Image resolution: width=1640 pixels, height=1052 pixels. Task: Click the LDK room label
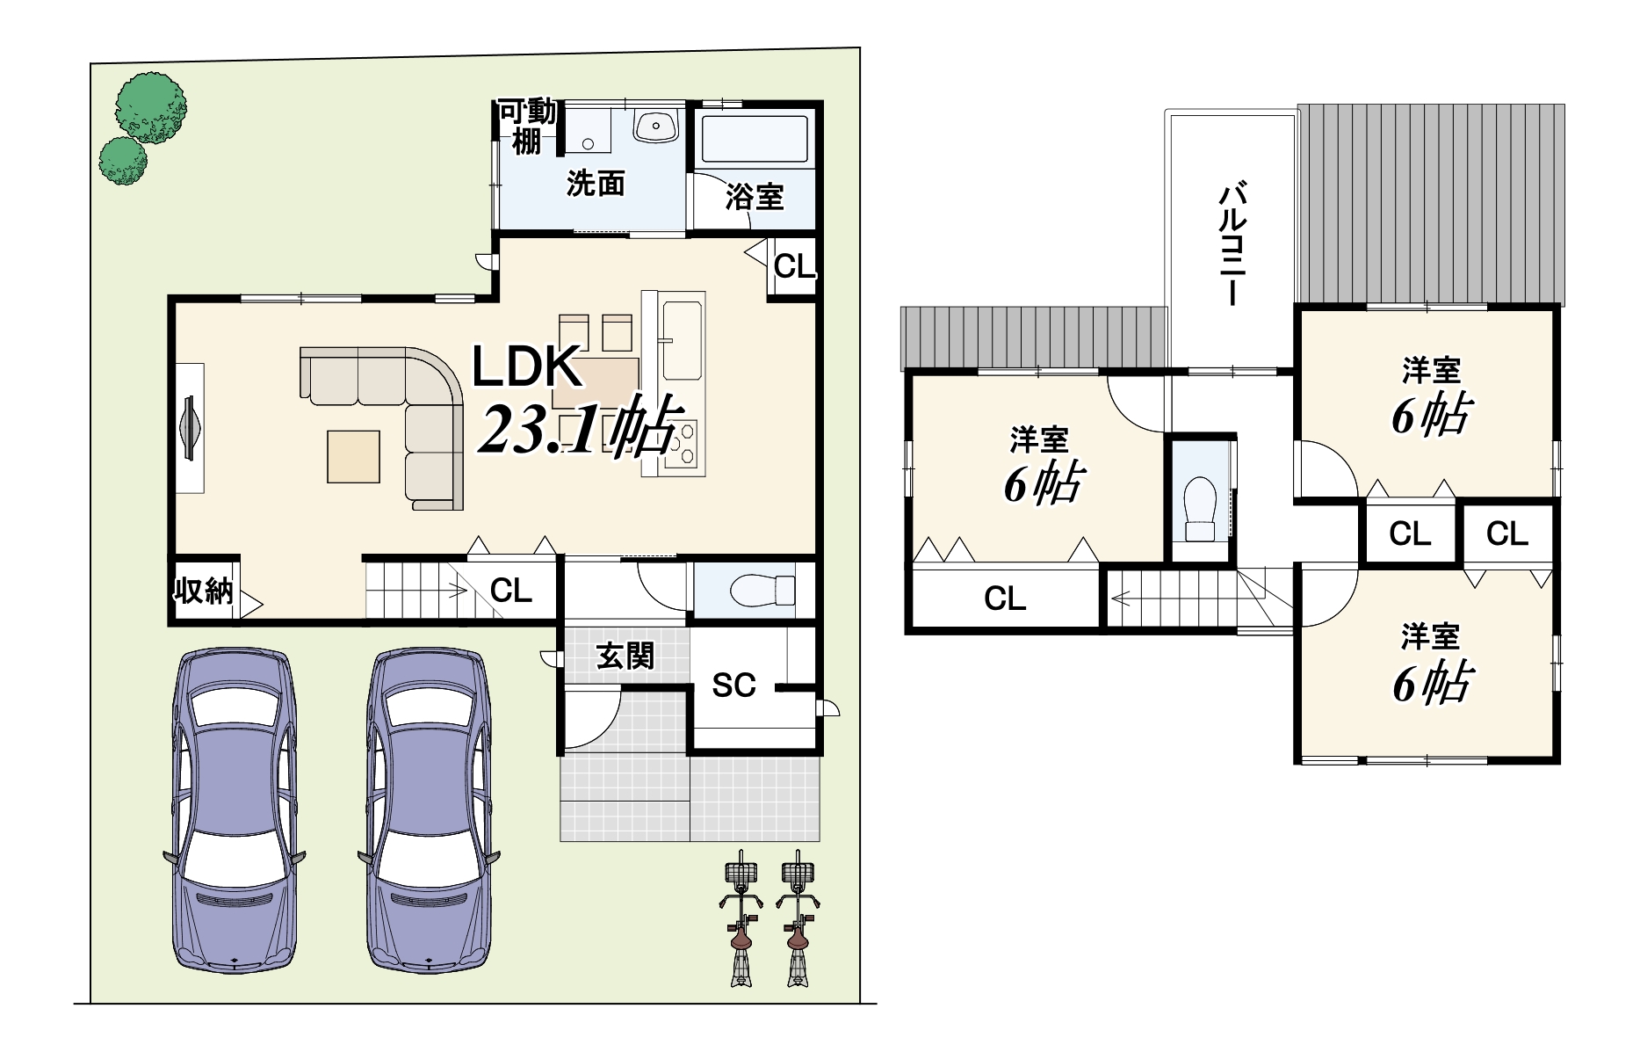click(x=527, y=366)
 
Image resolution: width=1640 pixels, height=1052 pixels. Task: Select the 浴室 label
click(x=755, y=197)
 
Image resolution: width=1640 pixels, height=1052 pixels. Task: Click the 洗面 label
click(x=596, y=183)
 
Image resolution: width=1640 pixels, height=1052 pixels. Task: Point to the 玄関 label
click(x=625, y=656)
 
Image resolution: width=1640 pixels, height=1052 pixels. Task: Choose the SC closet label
click(x=733, y=686)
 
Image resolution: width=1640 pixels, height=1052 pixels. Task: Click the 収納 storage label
click(x=204, y=591)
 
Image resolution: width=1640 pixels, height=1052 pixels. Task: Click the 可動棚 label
click(x=527, y=127)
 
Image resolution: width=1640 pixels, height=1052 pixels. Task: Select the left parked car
click(x=235, y=810)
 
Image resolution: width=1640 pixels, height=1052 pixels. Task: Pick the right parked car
click(x=429, y=810)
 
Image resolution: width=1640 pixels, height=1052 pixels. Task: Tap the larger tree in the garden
click(x=151, y=108)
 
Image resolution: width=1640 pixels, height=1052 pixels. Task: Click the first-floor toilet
click(x=762, y=590)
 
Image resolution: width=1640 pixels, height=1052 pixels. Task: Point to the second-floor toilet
click(x=1200, y=509)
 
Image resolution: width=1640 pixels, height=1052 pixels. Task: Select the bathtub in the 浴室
click(x=755, y=138)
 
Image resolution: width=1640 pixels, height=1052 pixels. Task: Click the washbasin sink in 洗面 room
click(x=655, y=127)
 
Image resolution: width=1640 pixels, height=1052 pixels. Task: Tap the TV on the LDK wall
click(x=190, y=428)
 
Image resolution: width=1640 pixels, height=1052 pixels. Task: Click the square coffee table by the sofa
click(x=354, y=456)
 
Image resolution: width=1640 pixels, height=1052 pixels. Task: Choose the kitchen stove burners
click(x=682, y=444)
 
